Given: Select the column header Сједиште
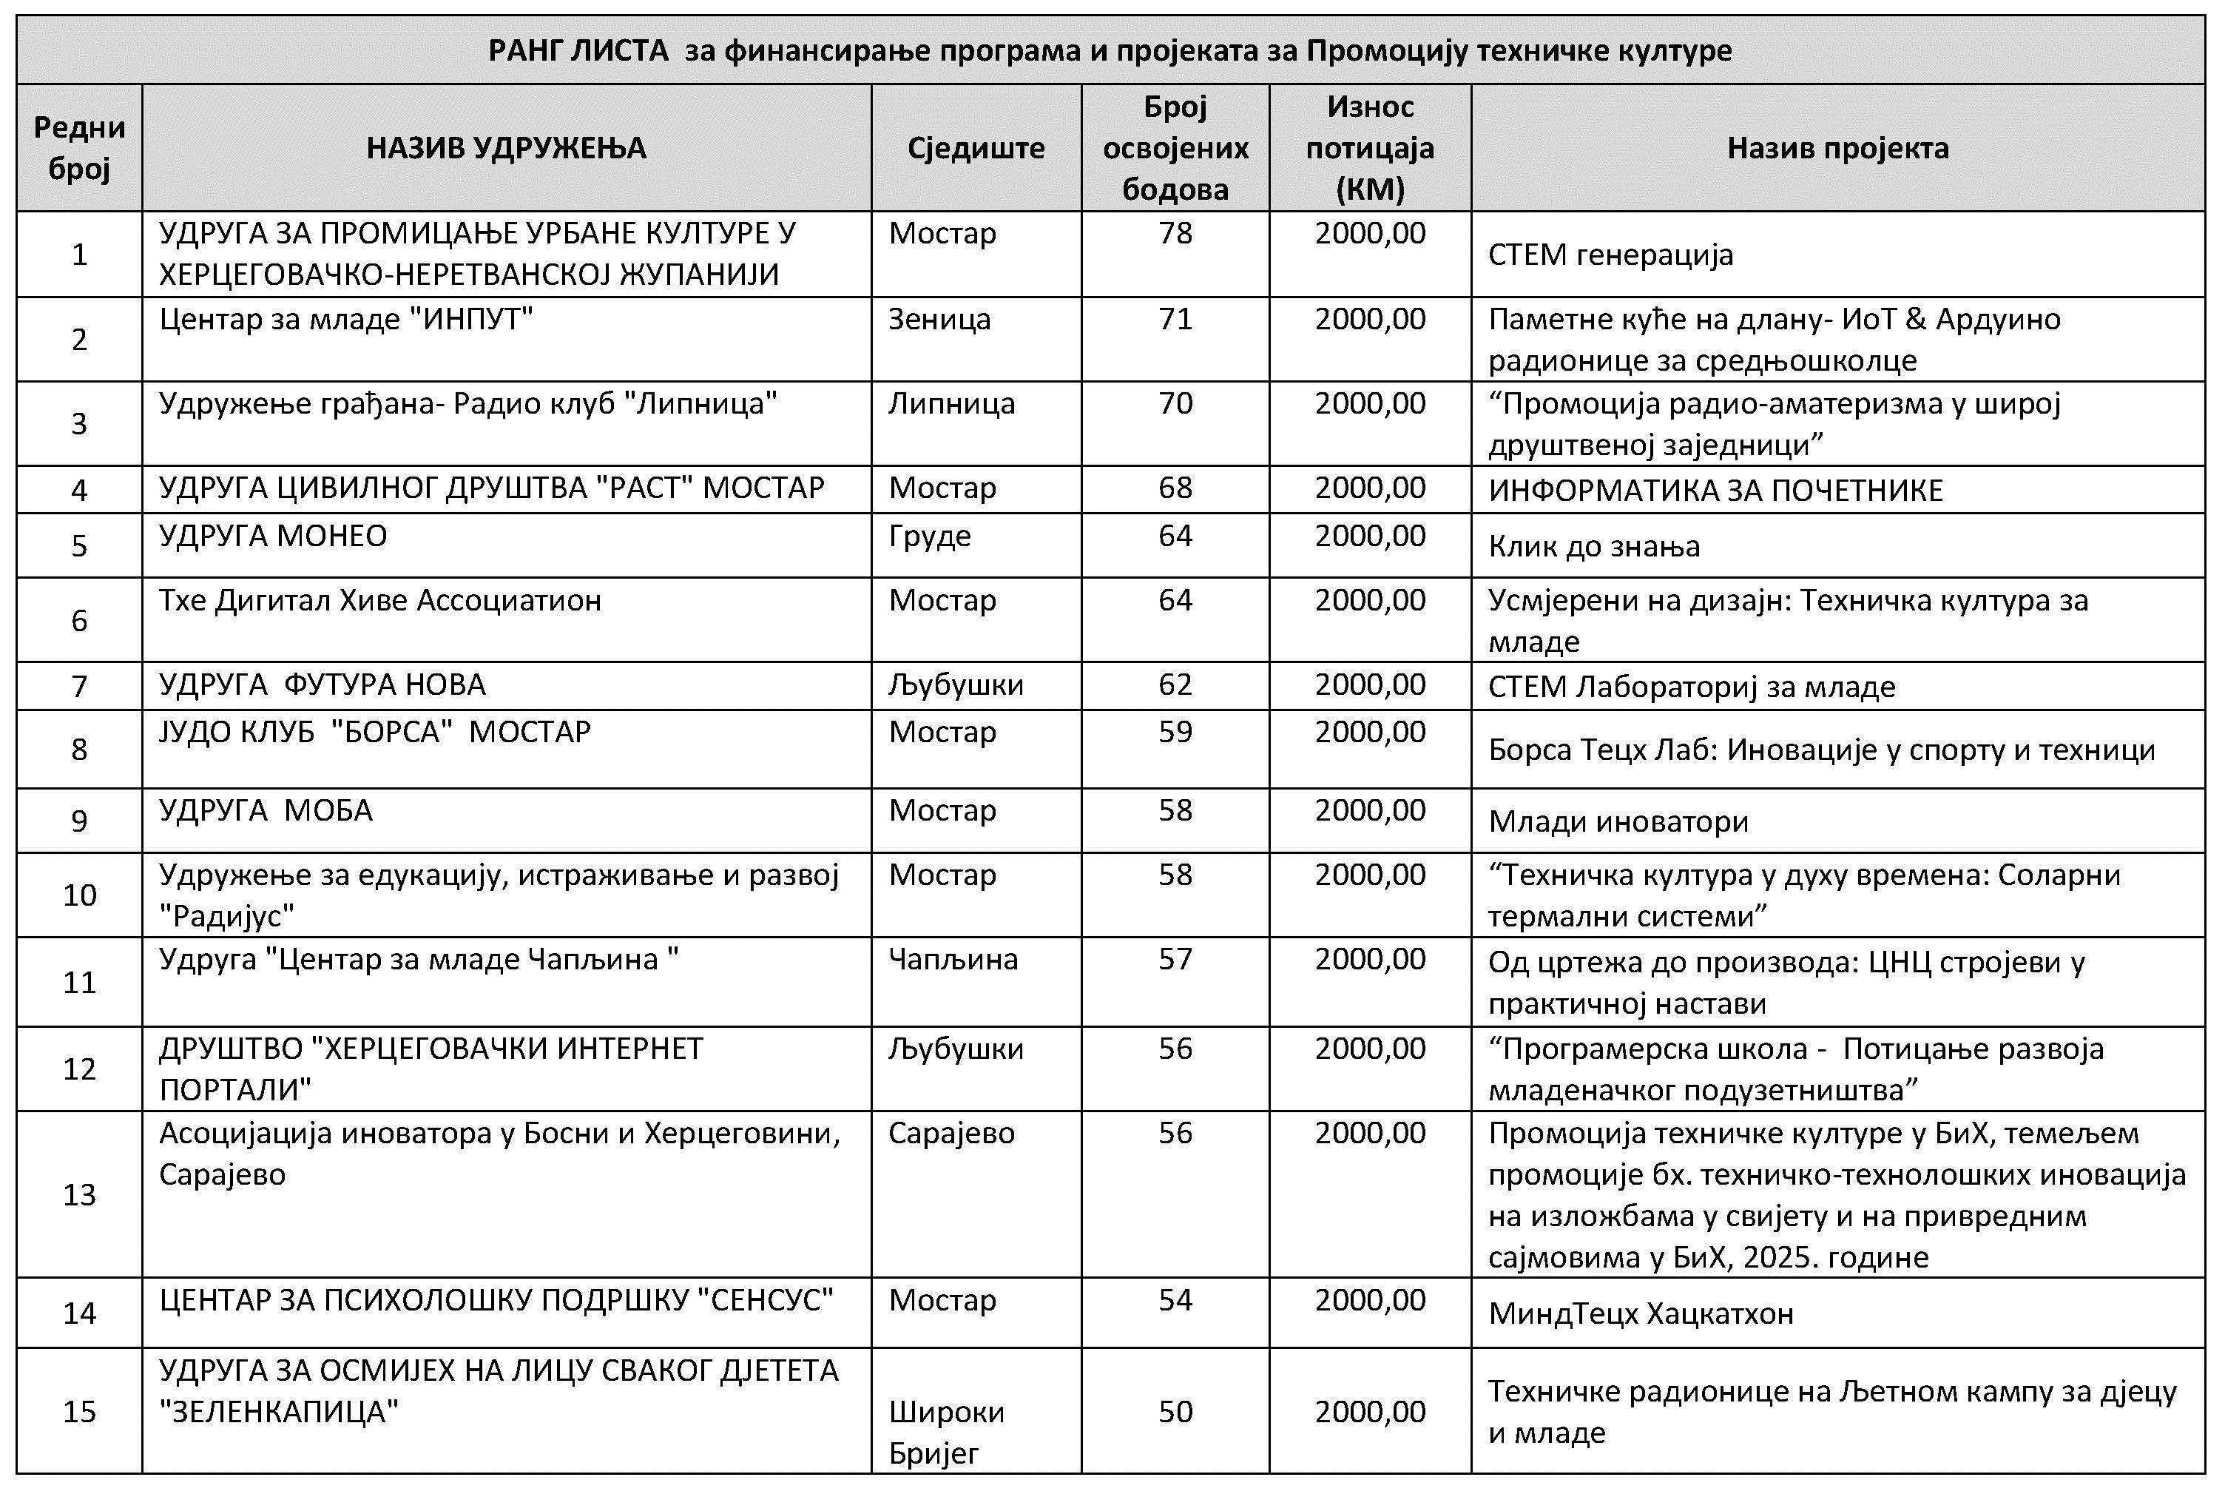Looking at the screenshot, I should coord(976,148).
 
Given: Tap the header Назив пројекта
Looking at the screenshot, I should coord(1837,148).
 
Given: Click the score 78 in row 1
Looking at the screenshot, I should coord(1175,233).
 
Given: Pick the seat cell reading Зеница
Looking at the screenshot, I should coord(939,319).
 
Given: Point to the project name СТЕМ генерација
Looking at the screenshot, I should coord(1610,255).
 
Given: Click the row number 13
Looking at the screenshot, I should coord(79,1194).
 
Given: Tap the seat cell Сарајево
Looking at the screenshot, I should coord(951,1133).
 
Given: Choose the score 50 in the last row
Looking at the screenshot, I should coord(1175,1411).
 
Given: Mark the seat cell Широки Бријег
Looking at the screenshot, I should coord(946,1431).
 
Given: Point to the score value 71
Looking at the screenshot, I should coord(1175,319).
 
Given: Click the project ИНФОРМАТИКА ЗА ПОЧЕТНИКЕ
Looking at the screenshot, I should coord(1715,490).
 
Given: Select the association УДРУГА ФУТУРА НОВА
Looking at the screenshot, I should coord(322,685).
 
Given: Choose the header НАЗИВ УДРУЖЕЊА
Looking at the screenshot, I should coord(506,148).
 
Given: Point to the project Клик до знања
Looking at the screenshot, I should coord(1593,546).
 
